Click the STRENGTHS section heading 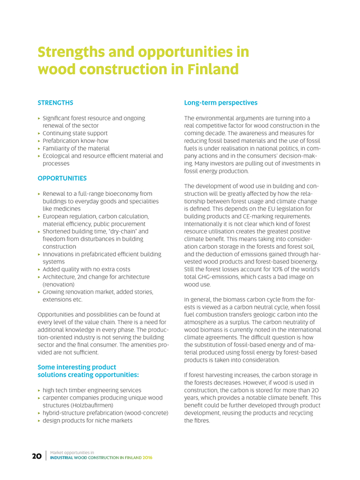point(55,103)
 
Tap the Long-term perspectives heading point(220,103)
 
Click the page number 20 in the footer point(37,456)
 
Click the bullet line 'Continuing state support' point(75,133)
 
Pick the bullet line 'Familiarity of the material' point(76,148)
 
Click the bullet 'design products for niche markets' point(88,420)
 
